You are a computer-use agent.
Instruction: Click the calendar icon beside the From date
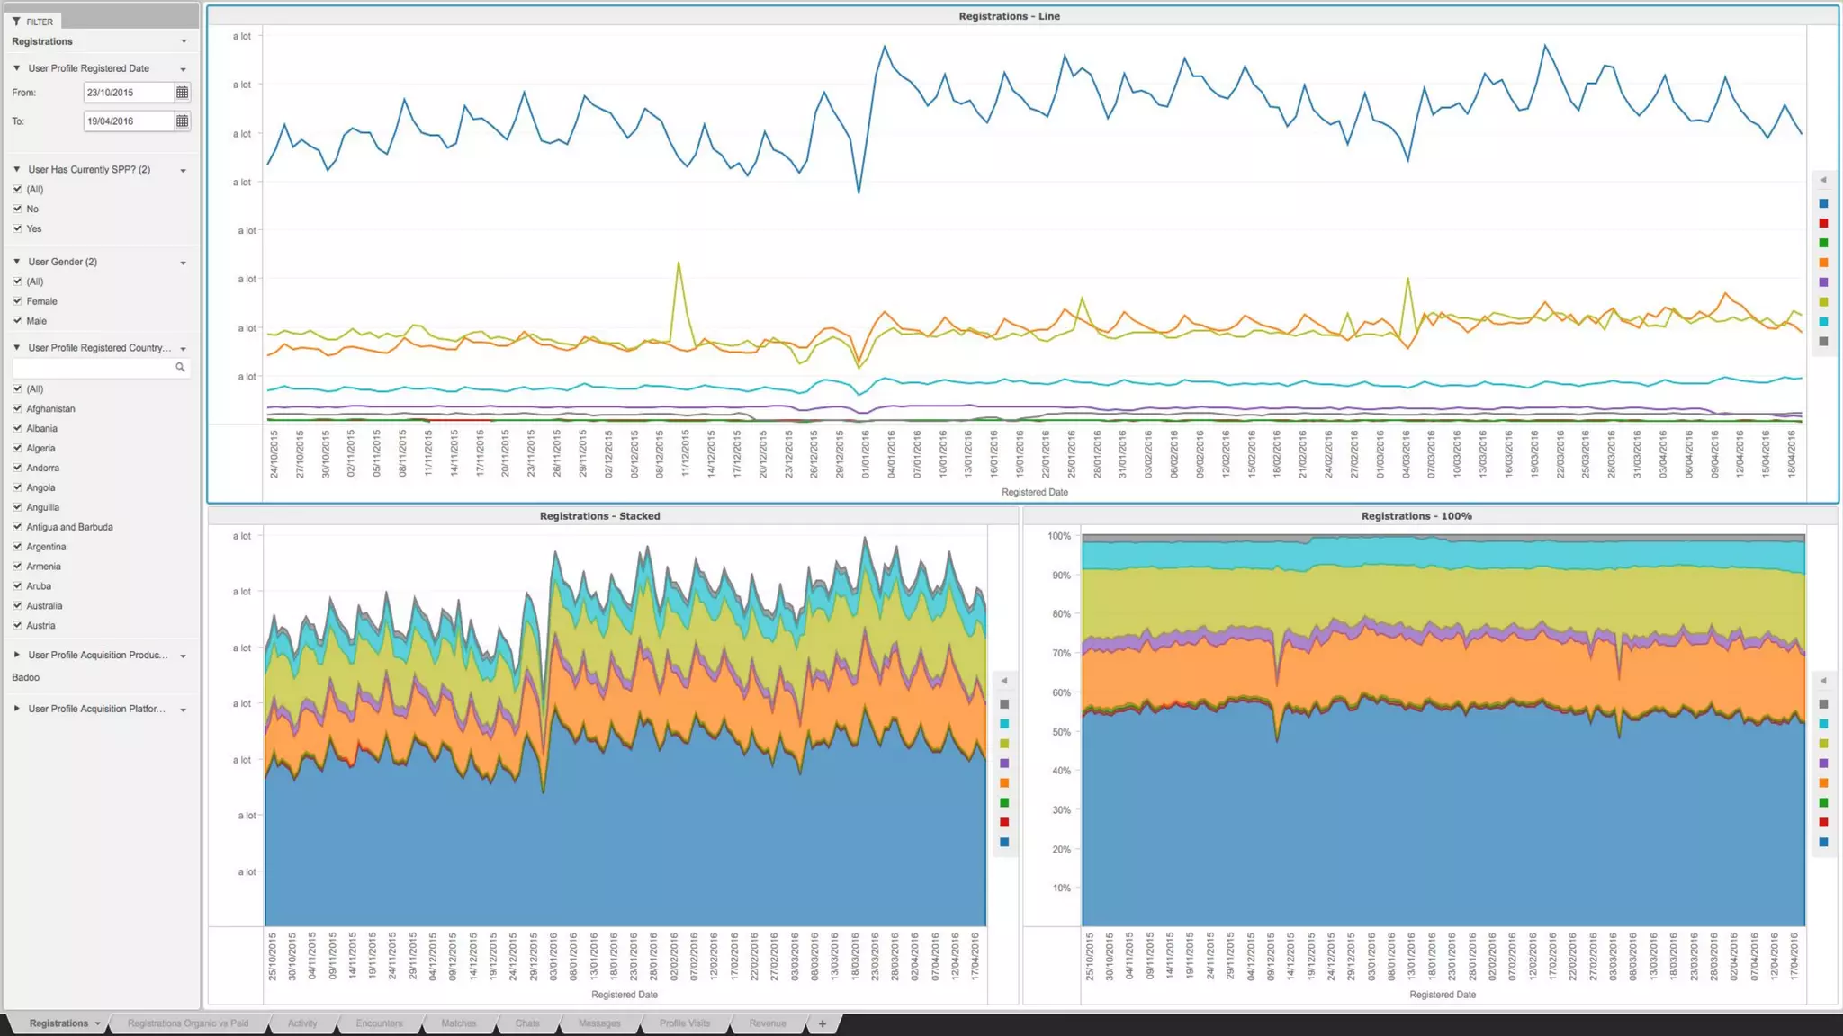pyautogui.click(x=182, y=93)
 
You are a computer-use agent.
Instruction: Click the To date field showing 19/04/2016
pyautogui.click(x=128, y=121)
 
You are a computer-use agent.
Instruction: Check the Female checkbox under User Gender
pyautogui.click(x=17, y=301)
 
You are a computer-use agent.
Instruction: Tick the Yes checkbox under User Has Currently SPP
pyautogui.click(x=17, y=228)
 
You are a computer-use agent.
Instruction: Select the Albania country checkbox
pyautogui.click(x=17, y=429)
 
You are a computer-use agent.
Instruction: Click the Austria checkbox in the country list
pyautogui.click(x=17, y=626)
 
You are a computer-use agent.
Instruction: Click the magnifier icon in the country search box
pyautogui.click(x=180, y=367)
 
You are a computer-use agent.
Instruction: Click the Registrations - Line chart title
pyautogui.click(x=1009, y=16)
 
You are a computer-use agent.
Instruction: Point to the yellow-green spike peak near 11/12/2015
pyautogui.click(x=679, y=263)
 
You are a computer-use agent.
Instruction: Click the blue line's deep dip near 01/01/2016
pyautogui.click(x=859, y=192)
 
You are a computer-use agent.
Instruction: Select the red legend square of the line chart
pyautogui.click(x=1823, y=223)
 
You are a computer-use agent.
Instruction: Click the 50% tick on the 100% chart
pyautogui.click(x=1061, y=732)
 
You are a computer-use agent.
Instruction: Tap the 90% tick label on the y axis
pyautogui.click(x=1061, y=576)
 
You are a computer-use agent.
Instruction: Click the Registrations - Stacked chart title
pyautogui.click(x=599, y=516)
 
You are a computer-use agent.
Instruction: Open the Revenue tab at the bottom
pyautogui.click(x=767, y=1023)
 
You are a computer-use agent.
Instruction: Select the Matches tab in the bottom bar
pyautogui.click(x=458, y=1023)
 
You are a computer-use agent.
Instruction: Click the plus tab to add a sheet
pyautogui.click(x=822, y=1023)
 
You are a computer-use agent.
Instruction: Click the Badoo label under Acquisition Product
pyautogui.click(x=26, y=677)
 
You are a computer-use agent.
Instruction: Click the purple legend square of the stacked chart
pyautogui.click(x=1004, y=764)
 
